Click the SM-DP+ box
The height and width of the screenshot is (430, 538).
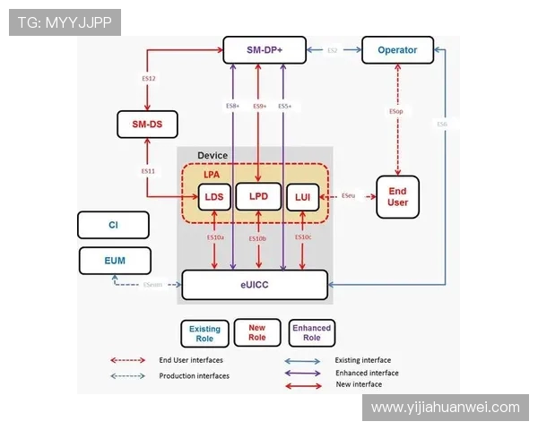coord(265,50)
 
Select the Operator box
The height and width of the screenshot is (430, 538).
coord(397,50)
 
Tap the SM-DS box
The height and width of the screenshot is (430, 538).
coord(147,124)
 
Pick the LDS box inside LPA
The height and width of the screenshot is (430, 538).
coord(213,197)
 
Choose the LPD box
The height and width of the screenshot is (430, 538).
coord(258,197)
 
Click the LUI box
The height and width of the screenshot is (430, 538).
coord(301,197)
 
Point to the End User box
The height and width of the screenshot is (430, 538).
coord(397,196)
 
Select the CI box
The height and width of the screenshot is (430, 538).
coord(113,225)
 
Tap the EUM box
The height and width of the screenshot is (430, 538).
coord(115,261)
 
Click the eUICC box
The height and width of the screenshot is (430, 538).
coord(254,284)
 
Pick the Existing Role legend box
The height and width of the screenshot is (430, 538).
coord(204,334)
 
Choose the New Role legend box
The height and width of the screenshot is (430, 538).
coord(256,332)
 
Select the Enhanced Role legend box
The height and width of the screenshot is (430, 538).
coord(311,332)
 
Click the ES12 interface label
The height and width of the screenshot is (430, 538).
coord(150,80)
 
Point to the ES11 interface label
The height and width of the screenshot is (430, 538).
coord(148,170)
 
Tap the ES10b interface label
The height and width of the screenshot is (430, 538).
coord(257,239)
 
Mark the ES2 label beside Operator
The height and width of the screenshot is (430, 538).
coord(332,51)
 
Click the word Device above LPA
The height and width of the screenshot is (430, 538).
coord(213,156)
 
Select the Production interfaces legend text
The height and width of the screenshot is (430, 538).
coord(194,375)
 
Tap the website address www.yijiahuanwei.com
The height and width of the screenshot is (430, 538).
coord(445,408)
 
